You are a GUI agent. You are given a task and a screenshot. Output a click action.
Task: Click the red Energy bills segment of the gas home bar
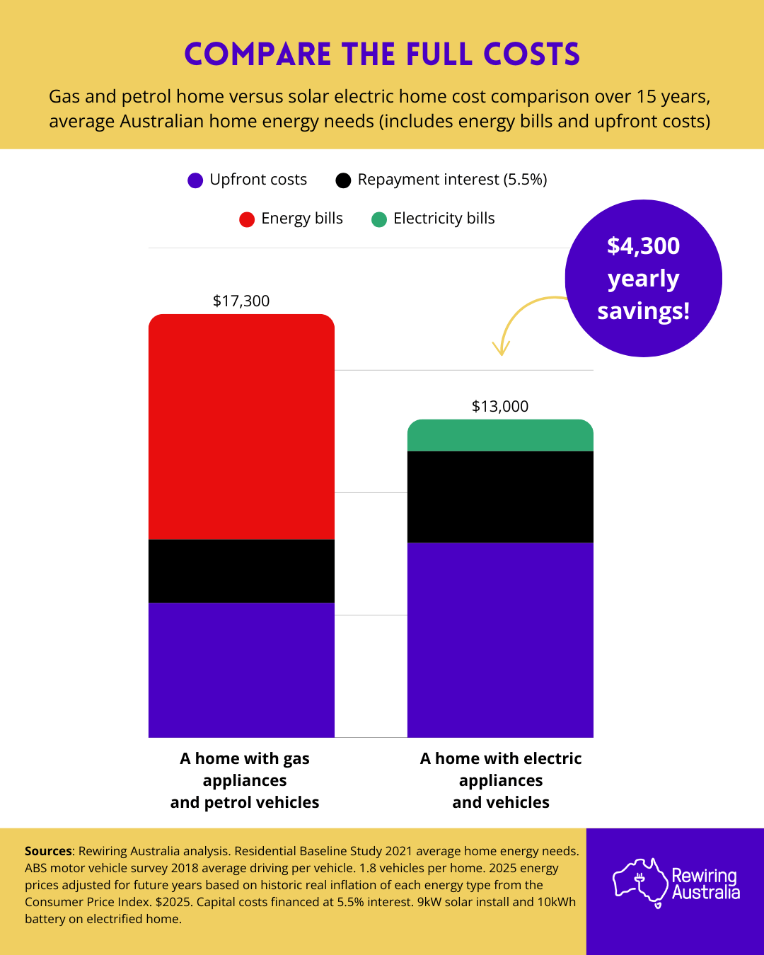241,427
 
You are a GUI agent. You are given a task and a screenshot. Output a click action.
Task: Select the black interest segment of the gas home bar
241,571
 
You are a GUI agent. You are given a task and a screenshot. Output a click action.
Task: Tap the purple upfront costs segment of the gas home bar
241,670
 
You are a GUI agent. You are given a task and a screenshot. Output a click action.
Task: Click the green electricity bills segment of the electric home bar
500,436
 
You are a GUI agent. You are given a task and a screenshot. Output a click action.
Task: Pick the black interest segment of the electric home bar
500,497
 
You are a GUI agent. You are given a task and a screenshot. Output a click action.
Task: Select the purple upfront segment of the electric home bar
500,639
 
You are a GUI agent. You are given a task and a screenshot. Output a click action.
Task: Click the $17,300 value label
241,301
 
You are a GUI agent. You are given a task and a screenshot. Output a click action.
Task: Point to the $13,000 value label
500,406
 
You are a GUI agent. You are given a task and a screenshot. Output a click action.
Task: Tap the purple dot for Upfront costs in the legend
195,180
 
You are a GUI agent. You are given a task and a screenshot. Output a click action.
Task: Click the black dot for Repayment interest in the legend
343,180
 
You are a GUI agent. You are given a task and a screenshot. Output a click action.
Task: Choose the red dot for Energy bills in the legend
247,219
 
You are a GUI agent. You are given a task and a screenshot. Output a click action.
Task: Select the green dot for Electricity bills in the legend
379,219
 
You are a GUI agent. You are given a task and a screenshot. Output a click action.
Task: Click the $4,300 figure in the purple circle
643,245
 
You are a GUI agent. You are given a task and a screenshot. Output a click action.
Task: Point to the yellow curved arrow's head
501,349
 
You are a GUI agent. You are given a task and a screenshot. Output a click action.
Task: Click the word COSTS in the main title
531,54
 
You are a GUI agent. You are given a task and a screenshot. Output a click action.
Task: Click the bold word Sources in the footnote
48,851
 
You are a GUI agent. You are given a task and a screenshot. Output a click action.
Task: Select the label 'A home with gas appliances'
245,769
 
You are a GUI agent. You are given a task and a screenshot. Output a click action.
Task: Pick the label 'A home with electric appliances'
501,769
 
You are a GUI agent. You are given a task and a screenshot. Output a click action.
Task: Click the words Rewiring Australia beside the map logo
705,884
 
